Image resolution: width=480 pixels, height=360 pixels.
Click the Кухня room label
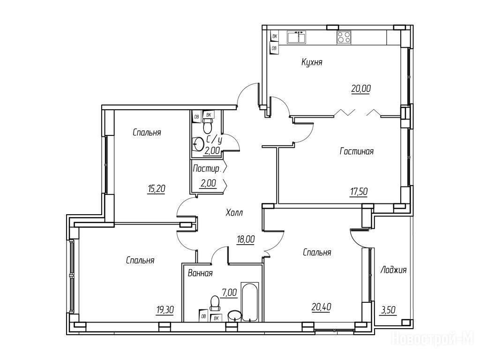(312, 63)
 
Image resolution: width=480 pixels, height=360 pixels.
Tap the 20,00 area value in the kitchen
(361, 89)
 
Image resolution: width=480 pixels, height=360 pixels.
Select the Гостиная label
(357, 151)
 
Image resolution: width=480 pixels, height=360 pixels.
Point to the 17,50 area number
(359, 192)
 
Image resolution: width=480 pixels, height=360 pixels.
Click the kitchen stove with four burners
(344, 37)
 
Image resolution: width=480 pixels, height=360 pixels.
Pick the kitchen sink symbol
(296, 37)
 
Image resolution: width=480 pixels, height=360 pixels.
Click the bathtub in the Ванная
(250, 302)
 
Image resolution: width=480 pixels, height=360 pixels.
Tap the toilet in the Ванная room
(215, 302)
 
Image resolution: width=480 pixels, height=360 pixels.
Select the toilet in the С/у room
(208, 124)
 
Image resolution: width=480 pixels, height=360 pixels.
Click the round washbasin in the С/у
(199, 143)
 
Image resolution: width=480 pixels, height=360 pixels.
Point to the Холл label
(234, 212)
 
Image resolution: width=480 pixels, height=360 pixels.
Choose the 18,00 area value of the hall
(246, 239)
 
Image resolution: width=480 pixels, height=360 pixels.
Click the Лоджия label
(393, 270)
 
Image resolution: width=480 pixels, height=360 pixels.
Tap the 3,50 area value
(389, 310)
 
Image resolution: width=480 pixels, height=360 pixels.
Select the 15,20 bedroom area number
(157, 188)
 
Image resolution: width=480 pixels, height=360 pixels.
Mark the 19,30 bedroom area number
(165, 310)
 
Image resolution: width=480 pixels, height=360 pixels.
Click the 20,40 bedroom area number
(322, 307)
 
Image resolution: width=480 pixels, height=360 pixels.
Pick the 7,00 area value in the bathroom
(230, 292)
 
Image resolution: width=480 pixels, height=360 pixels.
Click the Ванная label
(200, 273)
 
